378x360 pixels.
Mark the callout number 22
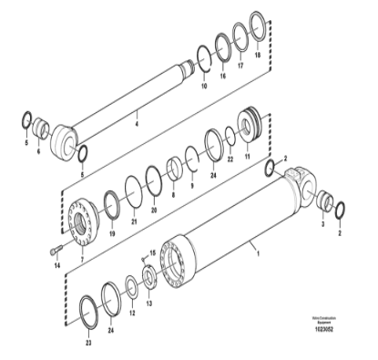tap(231, 159)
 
